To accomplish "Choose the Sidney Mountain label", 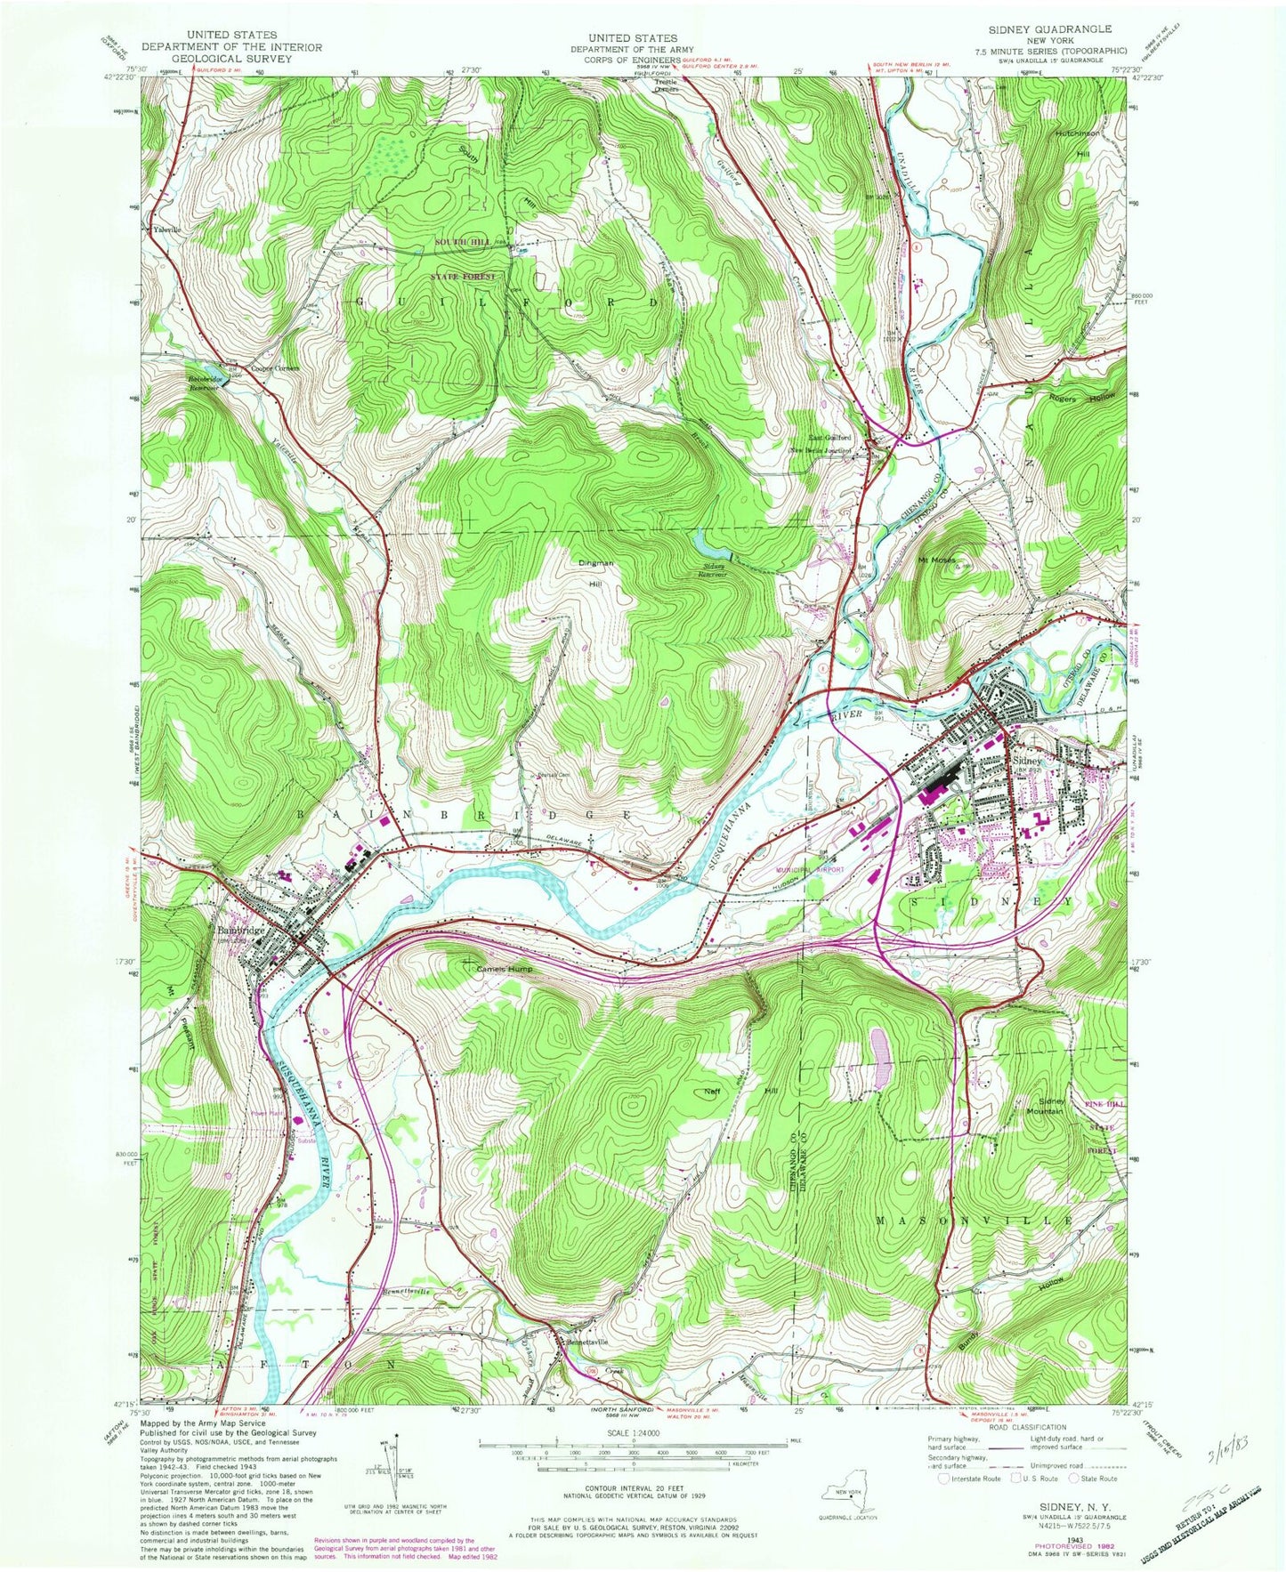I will pos(1045,1106).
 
